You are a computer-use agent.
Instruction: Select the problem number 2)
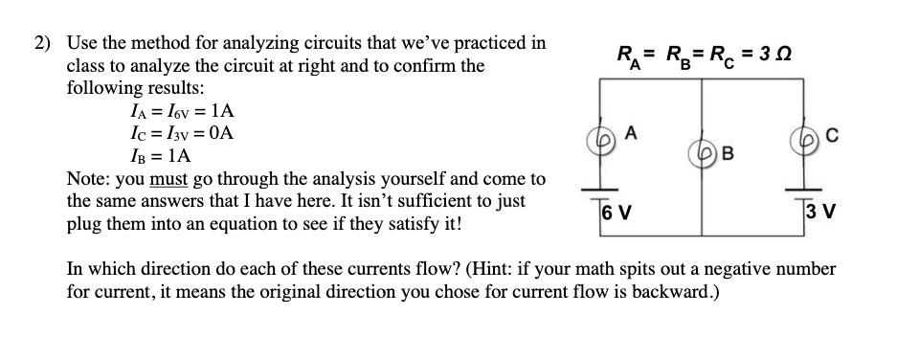tap(44, 44)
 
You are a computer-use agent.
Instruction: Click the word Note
tap(86, 179)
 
